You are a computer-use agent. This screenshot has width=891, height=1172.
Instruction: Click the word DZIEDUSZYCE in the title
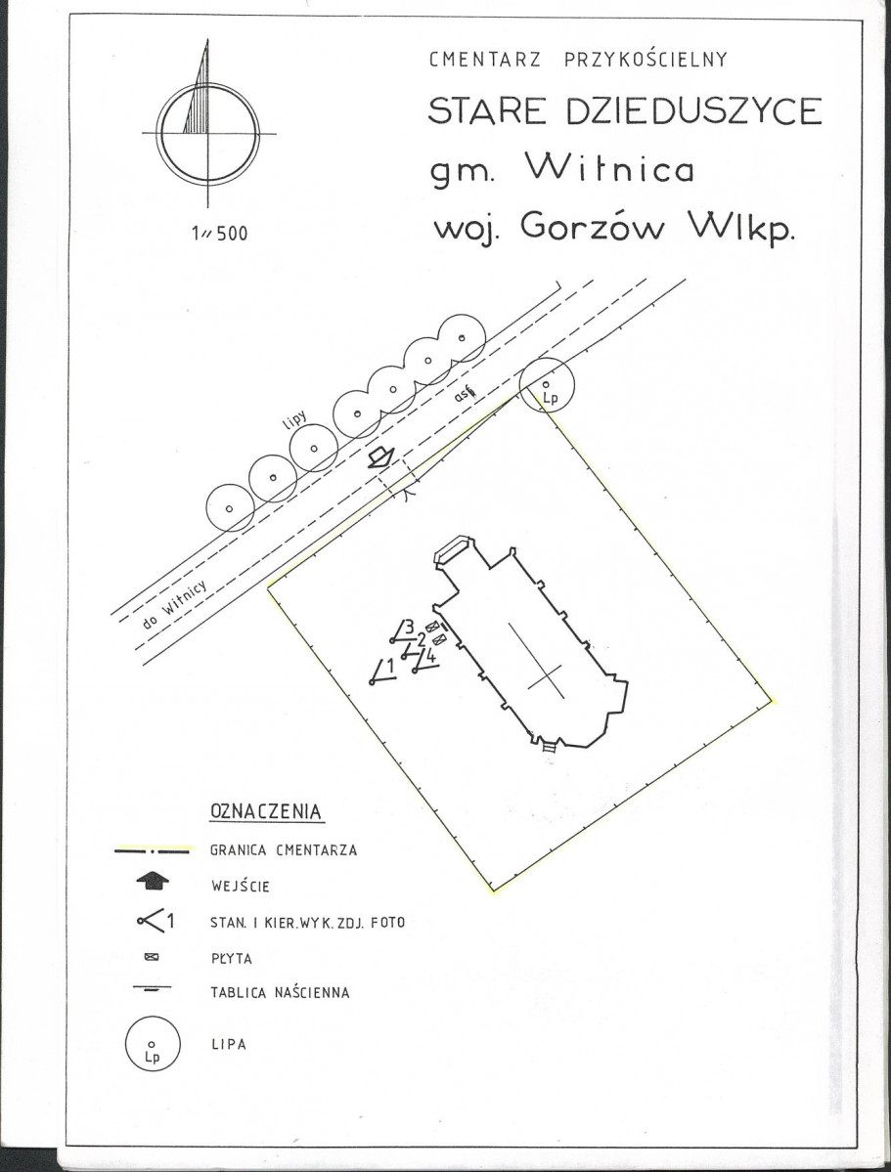[x=694, y=111]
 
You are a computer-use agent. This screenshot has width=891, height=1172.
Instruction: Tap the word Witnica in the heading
[x=609, y=168]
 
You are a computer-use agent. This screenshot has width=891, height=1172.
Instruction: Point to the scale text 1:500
[x=219, y=234]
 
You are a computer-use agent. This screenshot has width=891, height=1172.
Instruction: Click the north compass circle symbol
[x=208, y=82]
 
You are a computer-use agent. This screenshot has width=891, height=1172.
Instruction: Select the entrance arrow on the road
[x=380, y=456]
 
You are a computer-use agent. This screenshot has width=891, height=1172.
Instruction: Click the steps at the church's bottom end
[x=549, y=745]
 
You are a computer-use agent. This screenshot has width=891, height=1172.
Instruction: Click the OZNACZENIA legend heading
[x=267, y=811]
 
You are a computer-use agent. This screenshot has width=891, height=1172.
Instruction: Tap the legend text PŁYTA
[x=232, y=958]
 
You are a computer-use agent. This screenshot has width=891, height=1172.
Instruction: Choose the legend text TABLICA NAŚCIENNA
[x=280, y=992]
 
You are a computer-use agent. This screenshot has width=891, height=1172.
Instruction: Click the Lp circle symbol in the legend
[x=153, y=1017]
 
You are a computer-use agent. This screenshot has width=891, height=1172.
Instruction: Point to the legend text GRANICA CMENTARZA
[x=284, y=849]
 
